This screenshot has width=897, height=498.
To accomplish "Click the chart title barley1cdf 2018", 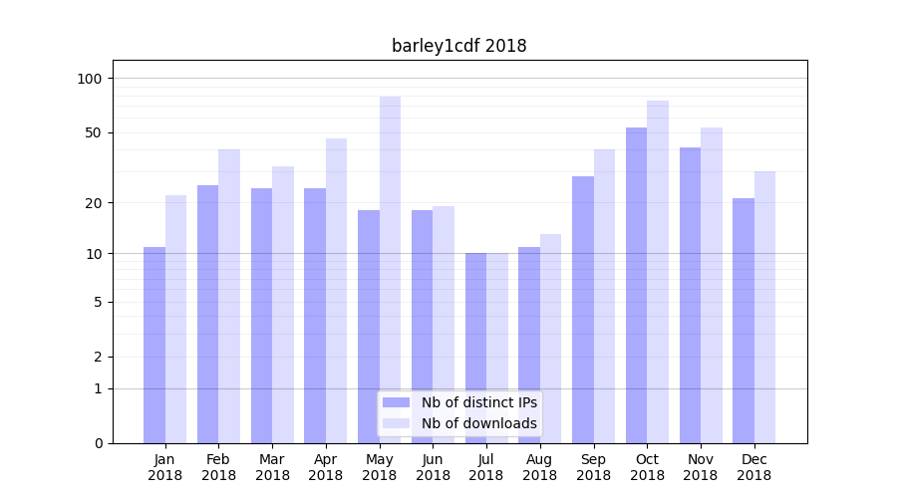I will pyautogui.click(x=458, y=46).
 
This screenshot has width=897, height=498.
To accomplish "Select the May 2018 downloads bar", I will pyautogui.click(x=390, y=269).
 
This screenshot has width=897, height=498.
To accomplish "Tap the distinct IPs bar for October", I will pyautogui.click(x=636, y=285).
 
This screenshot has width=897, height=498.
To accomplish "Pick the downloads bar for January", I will pyautogui.click(x=175, y=319).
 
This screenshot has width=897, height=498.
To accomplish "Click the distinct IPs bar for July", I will pyautogui.click(x=475, y=348).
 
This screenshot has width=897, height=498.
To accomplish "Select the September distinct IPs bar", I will pyautogui.click(x=583, y=309).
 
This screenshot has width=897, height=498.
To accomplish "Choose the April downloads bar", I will pyautogui.click(x=336, y=290).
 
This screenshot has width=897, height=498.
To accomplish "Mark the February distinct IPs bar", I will pyautogui.click(x=207, y=314).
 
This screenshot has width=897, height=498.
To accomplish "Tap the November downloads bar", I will pyautogui.click(x=712, y=285).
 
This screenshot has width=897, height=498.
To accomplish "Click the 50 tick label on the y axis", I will pyautogui.click(x=93, y=132).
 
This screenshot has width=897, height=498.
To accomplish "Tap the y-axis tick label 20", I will pyautogui.click(x=93, y=203).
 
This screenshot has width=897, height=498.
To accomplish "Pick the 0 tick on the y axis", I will pyautogui.click(x=98, y=443).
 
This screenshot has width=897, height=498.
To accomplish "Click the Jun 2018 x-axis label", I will pyautogui.click(x=433, y=467).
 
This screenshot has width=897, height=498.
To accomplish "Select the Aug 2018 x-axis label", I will pyautogui.click(x=540, y=467).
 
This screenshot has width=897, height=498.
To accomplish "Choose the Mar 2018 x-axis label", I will pyautogui.click(x=272, y=467).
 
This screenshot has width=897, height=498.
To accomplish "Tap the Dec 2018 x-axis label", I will pyautogui.click(x=753, y=467).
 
